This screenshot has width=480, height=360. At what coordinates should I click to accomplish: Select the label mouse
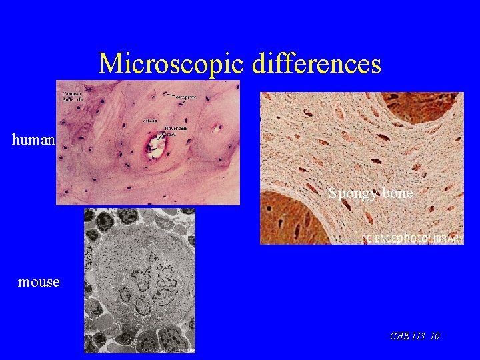39,282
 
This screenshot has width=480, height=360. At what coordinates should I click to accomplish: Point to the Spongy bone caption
370,193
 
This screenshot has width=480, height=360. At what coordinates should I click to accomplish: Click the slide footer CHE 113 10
414,336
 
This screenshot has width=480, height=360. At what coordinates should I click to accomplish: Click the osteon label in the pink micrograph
149,121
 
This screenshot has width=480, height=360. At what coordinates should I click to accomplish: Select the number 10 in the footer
435,336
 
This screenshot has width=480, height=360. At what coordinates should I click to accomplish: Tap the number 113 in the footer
419,336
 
